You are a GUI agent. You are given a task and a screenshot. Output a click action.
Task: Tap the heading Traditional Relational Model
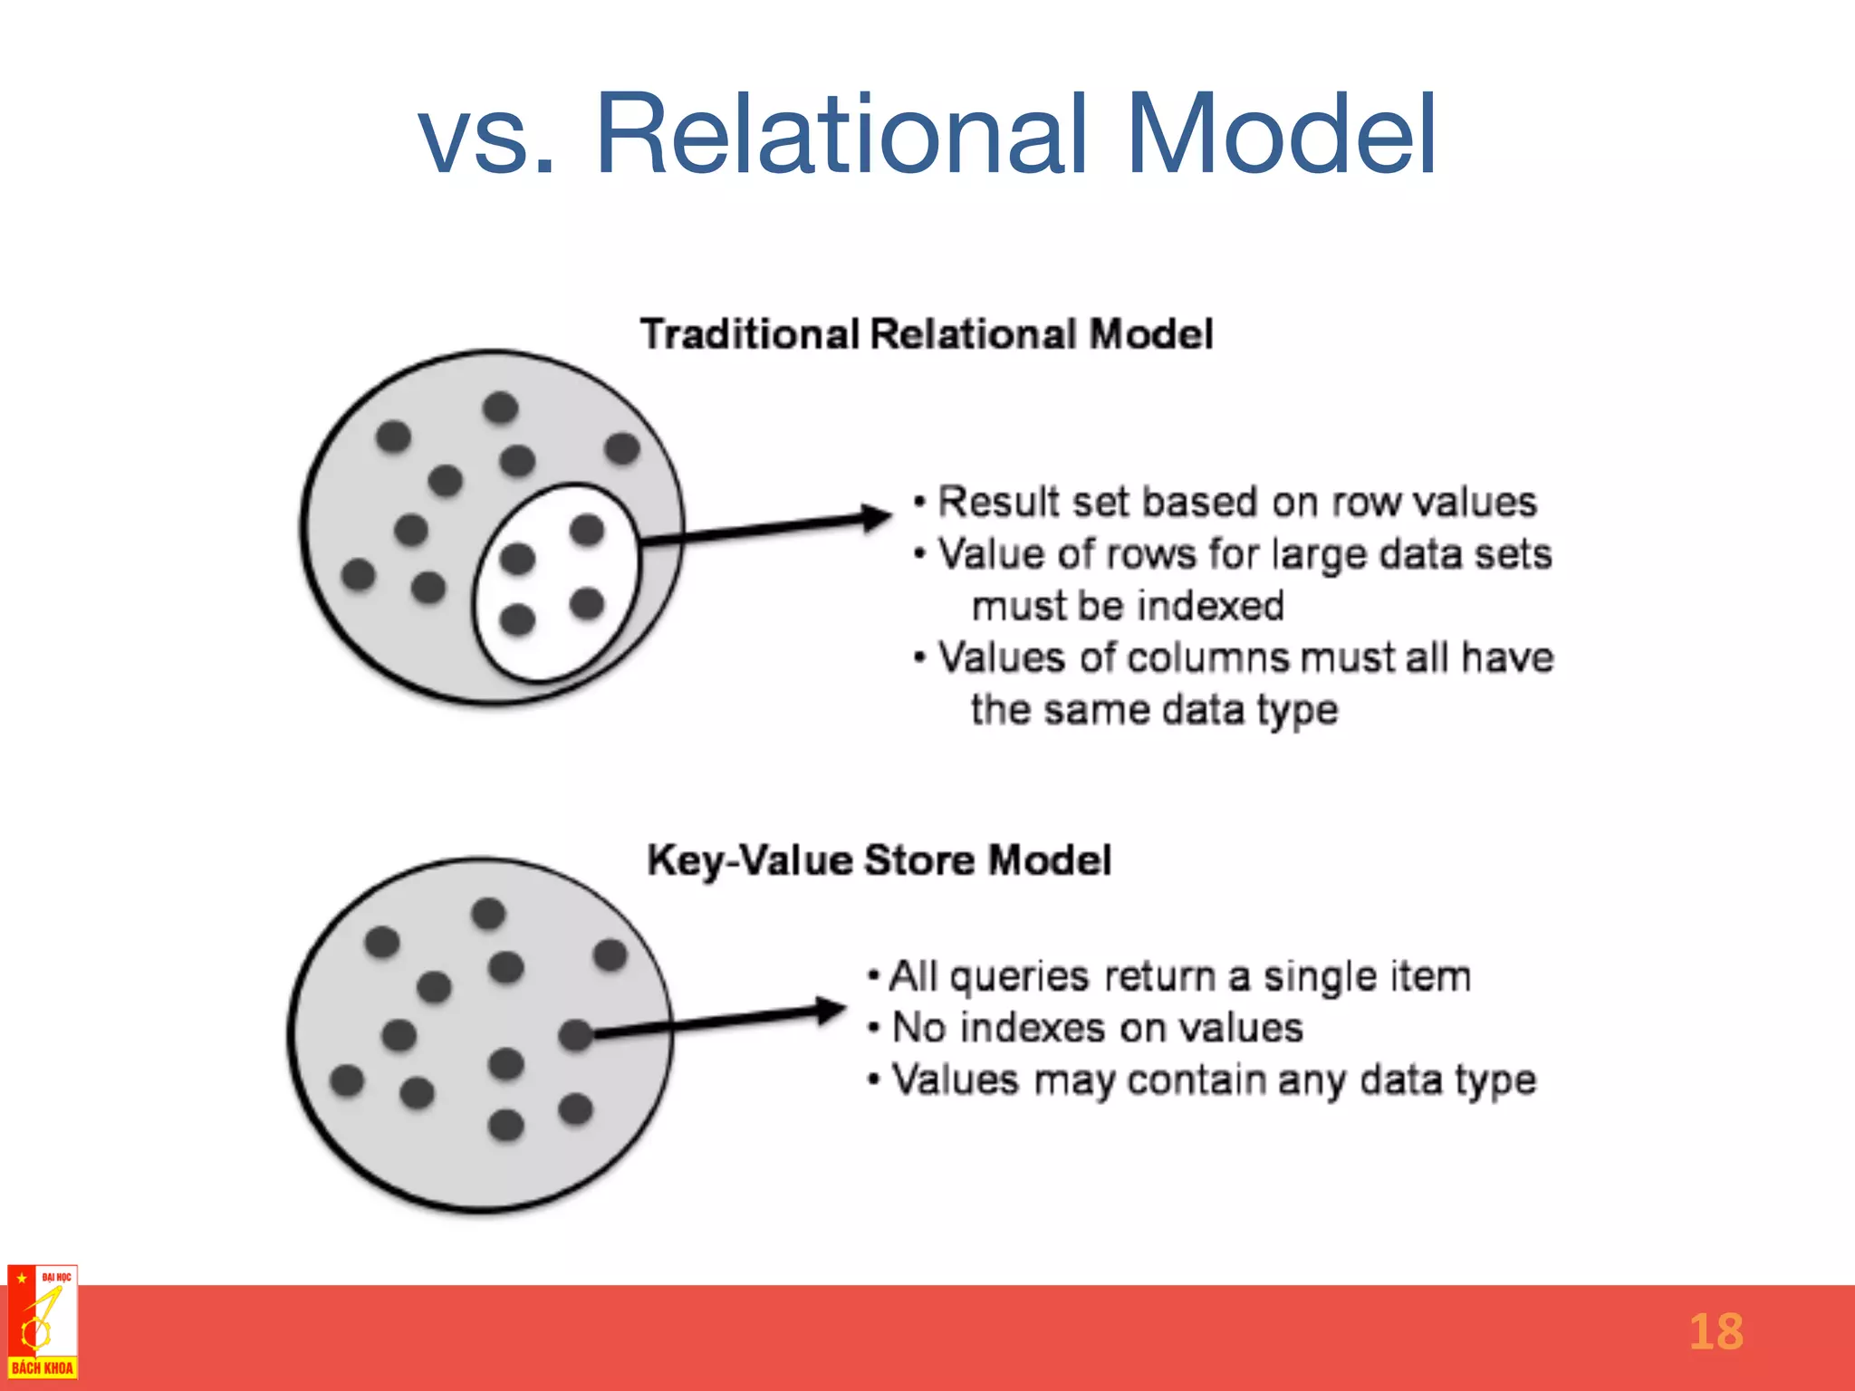coord(926,334)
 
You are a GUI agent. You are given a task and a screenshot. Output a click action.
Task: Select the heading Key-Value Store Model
coord(879,859)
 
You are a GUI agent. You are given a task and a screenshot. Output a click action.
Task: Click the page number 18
coord(1716,1332)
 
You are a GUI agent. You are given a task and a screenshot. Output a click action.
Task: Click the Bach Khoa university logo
coord(42,1322)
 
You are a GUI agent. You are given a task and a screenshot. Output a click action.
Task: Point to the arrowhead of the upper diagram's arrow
coord(877,518)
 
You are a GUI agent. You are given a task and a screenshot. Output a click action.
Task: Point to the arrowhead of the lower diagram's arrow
coord(830,1011)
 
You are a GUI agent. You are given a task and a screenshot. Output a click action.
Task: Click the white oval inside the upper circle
coord(554,581)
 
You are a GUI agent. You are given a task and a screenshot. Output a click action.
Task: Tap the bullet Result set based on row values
coord(1236,502)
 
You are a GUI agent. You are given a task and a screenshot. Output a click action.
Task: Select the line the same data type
coord(1154,709)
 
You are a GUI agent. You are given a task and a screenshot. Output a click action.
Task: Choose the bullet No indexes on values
coord(1097,1028)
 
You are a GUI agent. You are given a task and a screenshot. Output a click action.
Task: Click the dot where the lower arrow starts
coord(575,1034)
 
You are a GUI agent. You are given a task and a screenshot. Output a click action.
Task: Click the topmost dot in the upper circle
coord(500,408)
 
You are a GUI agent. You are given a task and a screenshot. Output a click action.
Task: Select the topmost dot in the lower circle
coord(488,913)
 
